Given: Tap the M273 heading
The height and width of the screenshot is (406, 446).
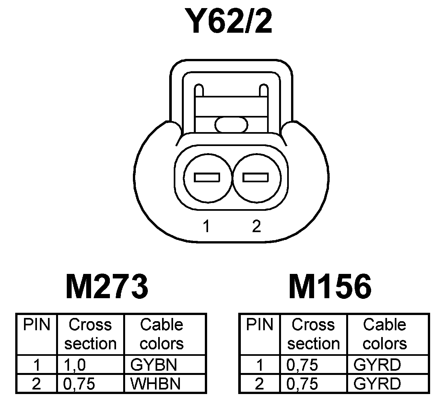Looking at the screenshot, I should click(x=107, y=287).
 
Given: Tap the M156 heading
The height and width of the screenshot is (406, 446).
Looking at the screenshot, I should click(x=330, y=287).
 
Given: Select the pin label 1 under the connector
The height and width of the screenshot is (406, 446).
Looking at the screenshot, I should click(x=206, y=226).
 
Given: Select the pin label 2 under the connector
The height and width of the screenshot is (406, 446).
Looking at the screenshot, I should click(x=256, y=226).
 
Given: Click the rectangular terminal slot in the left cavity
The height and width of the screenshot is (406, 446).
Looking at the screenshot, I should click(x=207, y=177).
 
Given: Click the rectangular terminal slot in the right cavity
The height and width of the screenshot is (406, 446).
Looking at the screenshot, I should click(x=256, y=177).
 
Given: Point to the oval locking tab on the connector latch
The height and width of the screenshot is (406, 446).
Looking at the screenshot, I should click(x=231, y=124).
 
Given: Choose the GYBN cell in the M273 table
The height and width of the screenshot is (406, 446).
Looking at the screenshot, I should click(x=154, y=365).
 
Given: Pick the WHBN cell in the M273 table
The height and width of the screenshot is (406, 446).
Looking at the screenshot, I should click(x=156, y=384).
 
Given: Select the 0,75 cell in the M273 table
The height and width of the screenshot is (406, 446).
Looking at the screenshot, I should click(x=79, y=384).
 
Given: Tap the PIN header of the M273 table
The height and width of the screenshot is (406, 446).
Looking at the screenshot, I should click(x=37, y=324).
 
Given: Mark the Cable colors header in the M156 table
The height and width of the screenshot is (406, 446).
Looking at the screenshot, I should click(x=385, y=334).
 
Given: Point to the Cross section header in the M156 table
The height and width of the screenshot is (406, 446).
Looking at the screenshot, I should click(x=313, y=334).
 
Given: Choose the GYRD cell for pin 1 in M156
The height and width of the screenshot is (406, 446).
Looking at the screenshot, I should click(x=377, y=365).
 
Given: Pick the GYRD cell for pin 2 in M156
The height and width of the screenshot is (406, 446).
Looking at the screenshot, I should click(x=377, y=384).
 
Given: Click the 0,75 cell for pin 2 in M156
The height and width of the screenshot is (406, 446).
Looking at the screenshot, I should click(x=302, y=384).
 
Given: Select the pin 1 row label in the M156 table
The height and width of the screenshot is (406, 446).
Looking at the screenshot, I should click(x=259, y=365).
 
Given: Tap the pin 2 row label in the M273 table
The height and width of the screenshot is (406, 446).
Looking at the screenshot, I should click(x=36, y=384).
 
